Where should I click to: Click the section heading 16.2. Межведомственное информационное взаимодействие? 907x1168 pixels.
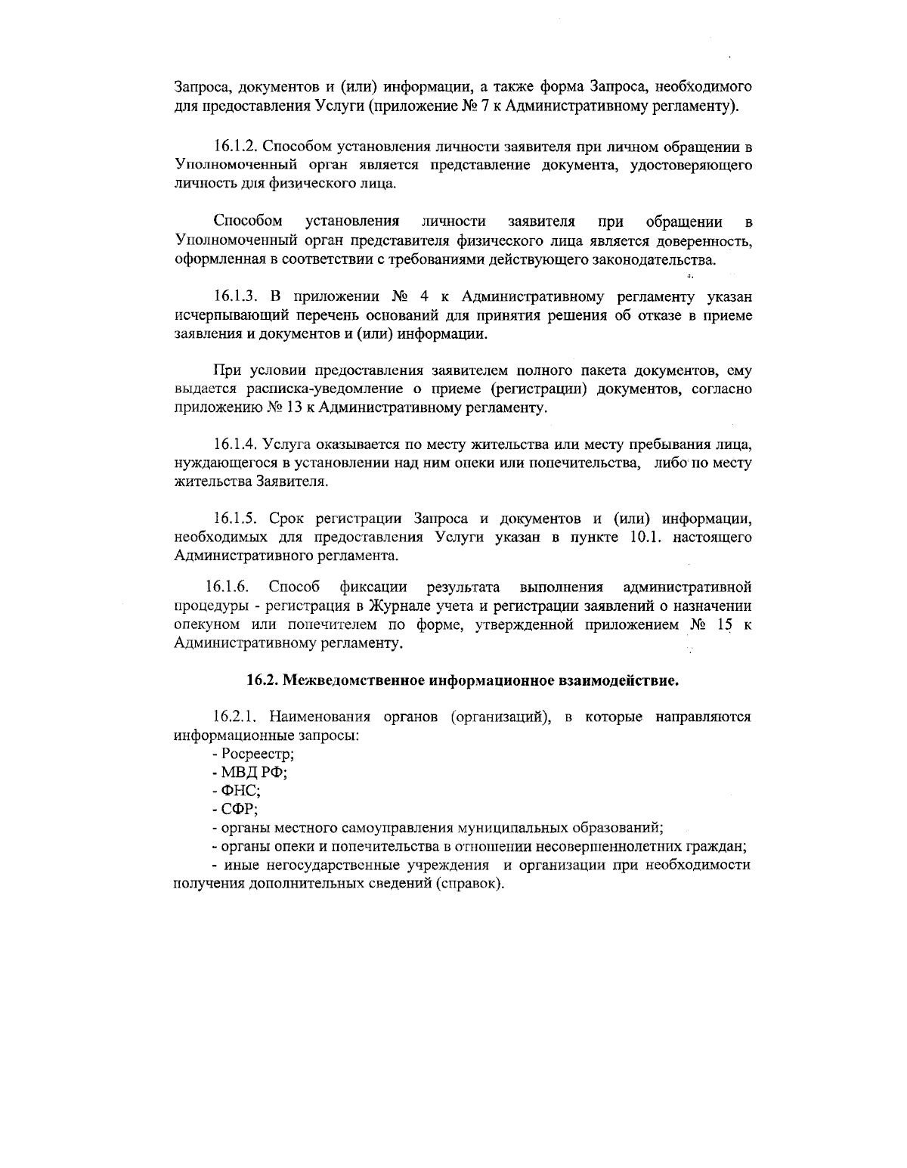(463, 680)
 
